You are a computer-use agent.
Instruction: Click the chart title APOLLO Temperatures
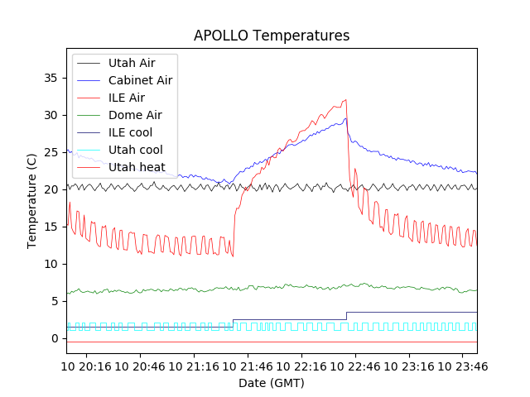[x=272, y=36]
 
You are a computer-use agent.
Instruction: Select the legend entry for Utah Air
[x=131, y=63]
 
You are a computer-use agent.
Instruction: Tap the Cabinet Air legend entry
[x=140, y=80]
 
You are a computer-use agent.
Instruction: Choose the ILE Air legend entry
[x=128, y=98]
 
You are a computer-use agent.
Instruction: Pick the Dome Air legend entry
[x=135, y=115]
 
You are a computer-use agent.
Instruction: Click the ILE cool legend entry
[x=130, y=132]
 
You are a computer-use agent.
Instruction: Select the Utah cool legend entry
[x=135, y=150]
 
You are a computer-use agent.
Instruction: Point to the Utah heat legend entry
[x=137, y=167]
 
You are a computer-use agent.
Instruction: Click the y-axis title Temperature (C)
[x=32, y=201]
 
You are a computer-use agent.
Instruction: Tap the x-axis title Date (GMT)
[x=272, y=383]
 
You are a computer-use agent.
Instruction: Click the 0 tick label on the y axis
[x=55, y=338]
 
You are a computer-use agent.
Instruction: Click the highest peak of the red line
[x=345, y=100]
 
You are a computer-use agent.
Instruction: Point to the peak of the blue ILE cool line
[x=345, y=118]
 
